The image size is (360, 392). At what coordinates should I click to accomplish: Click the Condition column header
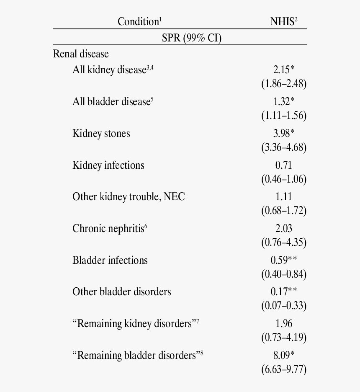pos(139,21)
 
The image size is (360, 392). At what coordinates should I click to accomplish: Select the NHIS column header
pos(283,21)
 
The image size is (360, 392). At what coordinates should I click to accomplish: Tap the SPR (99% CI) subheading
pos(191,38)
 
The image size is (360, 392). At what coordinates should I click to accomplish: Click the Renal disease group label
pos(81,54)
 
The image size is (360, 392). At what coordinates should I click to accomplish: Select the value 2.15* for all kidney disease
pos(283,70)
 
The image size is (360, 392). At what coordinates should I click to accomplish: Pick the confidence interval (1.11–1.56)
pos(284,115)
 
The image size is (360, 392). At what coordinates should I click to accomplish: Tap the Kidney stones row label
pos(101,133)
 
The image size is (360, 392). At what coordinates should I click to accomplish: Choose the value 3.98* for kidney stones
pos(283,133)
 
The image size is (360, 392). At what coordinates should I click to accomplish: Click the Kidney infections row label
pos(108,165)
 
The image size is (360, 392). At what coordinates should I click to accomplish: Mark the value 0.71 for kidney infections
pos(283,165)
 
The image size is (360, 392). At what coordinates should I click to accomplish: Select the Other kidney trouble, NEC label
pos(129,196)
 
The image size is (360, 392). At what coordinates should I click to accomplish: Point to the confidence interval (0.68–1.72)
pos(284,210)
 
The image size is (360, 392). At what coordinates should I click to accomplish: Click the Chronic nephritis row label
pos(110,228)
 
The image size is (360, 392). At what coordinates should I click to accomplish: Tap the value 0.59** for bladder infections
pos(283,260)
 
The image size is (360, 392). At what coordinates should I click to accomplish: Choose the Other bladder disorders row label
pos(122,291)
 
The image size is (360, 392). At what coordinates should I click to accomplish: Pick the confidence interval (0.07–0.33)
pos(284,305)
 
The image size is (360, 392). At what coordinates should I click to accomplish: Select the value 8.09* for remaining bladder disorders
pos(283,355)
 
